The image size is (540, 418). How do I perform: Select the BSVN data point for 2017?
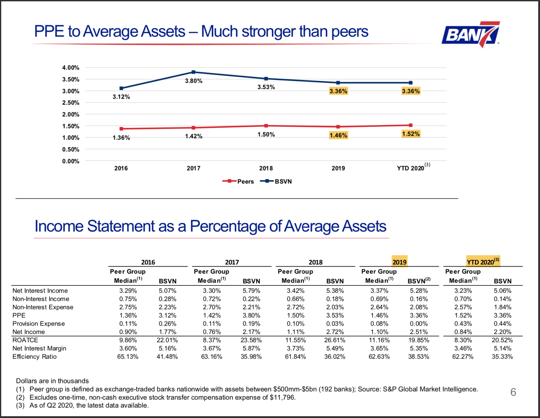pyautogui.click(x=193, y=72)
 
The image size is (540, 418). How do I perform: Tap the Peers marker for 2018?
pyautogui.click(x=266, y=126)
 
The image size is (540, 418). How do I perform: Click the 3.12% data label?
pyautogui.click(x=121, y=97)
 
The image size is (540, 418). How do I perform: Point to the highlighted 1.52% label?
pyautogui.click(x=411, y=134)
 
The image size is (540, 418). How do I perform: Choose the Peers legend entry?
pyautogui.click(x=238, y=181)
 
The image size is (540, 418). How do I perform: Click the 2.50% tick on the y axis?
pyautogui.click(x=71, y=103)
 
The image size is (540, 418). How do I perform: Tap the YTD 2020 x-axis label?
pyautogui.click(x=410, y=168)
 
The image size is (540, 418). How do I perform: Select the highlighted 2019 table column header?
pyautogui.click(x=399, y=262)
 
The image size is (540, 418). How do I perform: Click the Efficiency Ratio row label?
pyautogui.click(x=34, y=356)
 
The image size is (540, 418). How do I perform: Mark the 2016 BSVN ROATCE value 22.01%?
pyautogui.click(x=167, y=340)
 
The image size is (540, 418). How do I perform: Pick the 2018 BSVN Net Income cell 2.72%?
pyautogui.click(x=335, y=332)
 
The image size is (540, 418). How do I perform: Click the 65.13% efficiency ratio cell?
pyautogui.click(x=128, y=356)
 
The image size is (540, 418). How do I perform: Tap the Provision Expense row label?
pyautogui.click(x=39, y=324)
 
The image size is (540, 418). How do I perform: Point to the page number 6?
pyautogui.click(x=513, y=392)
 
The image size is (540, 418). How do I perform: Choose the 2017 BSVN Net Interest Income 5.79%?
pyautogui.click(x=251, y=291)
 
